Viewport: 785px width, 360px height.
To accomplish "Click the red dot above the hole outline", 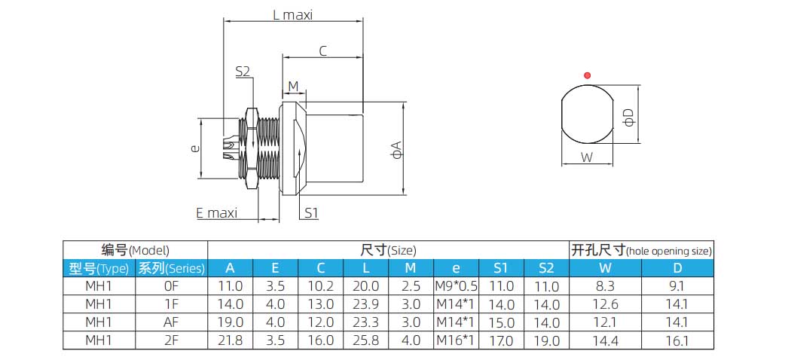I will (587, 75).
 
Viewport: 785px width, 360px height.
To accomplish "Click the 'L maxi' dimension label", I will (292, 14).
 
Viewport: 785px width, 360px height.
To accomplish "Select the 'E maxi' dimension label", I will (216, 213).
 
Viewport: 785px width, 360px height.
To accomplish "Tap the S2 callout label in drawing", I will (243, 72).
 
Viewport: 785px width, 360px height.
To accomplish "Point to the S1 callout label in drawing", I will (311, 213).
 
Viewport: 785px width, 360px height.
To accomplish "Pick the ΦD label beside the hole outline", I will (629, 117).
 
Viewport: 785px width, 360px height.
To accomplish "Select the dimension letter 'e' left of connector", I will (195, 149).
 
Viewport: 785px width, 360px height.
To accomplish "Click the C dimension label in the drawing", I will (322, 51).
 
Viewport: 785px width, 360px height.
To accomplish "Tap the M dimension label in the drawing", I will (293, 87).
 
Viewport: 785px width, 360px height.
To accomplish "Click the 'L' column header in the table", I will (365, 268).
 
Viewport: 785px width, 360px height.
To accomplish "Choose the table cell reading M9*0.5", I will (457, 286).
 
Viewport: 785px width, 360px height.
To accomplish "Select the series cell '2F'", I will (171, 340).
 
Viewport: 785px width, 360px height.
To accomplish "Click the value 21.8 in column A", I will (230, 340).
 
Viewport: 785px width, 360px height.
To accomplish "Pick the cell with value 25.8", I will (365, 340).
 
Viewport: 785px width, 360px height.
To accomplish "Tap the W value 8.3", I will (605, 286).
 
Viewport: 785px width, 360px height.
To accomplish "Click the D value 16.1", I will (678, 340).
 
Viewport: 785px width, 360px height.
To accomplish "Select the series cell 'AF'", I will (171, 322).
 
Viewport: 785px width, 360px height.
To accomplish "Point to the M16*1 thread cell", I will (457, 340).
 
